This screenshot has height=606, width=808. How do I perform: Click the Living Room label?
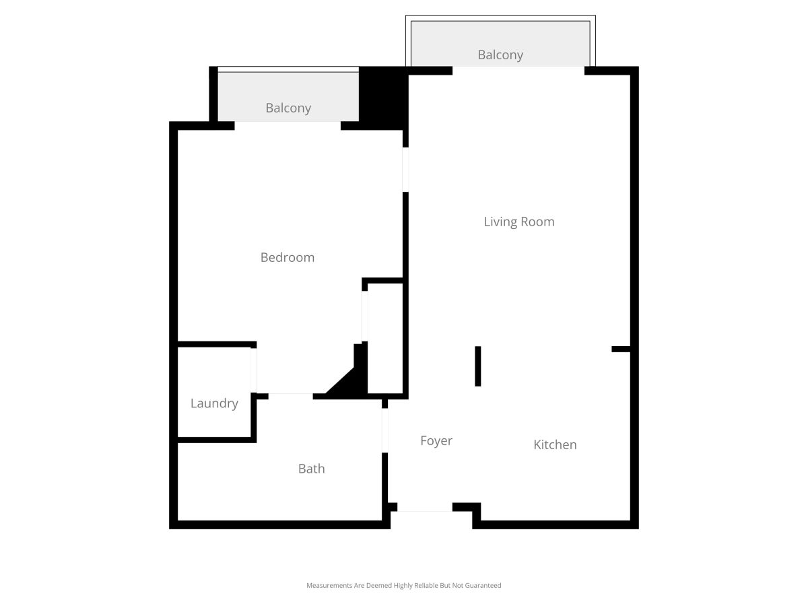coord(518,222)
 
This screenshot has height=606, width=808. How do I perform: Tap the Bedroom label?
coord(287,257)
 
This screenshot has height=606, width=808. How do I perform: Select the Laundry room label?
coord(214,403)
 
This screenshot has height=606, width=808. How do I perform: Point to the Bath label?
coord(312,469)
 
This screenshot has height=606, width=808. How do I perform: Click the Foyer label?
coord(436,441)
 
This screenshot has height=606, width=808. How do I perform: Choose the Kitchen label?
coord(555,444)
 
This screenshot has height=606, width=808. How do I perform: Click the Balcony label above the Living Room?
coord(500,55)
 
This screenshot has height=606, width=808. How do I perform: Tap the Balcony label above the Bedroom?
coord(288,108)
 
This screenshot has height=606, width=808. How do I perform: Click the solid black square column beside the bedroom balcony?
coord(383,98)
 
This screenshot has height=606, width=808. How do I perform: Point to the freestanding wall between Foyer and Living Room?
coord(478,366)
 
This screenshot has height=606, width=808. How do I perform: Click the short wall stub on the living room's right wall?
coord(621,349)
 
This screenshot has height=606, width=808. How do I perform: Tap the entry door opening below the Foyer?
coord(425,508)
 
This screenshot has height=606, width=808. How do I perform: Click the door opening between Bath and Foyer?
coord(384,430)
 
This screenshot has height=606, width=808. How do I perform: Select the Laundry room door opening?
coord(254,370)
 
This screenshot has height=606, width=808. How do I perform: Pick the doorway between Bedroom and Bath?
coord(290,397)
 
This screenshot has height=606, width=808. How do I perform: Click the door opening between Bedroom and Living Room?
coord(405,170)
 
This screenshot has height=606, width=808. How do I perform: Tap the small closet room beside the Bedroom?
coord(385,339)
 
